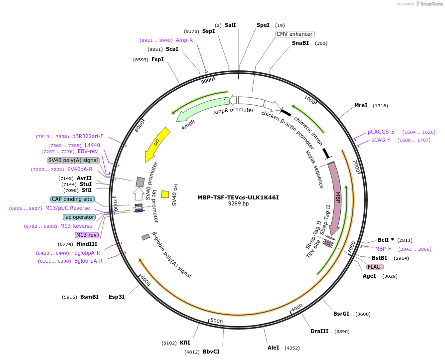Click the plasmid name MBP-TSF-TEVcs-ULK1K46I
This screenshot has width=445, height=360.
[x=238, y=197]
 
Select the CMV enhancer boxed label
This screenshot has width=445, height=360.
[x=295, y=34]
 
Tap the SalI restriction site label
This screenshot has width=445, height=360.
[x=230, y=25]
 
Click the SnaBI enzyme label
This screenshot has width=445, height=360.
[x=300, y=43]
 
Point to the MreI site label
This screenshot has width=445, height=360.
[x=361, y=106]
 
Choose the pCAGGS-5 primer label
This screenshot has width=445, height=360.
[x=381, y=132]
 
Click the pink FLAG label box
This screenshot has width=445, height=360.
[x=374, y=267]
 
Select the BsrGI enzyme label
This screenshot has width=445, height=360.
[x=341, y=314]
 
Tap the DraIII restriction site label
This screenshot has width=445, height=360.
[x=319, y=332]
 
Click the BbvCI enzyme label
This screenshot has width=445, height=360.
[x=211, y=352]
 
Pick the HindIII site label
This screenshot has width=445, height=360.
[x=87, y=244]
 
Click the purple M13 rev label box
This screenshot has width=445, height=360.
[x=86, y=235]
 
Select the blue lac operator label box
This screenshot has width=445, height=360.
[x=79, y=217]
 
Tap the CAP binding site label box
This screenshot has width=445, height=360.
[x=72, y=199]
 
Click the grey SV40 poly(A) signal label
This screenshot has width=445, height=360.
[x=73, y=160]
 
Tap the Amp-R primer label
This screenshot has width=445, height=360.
[x=184, y=40]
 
